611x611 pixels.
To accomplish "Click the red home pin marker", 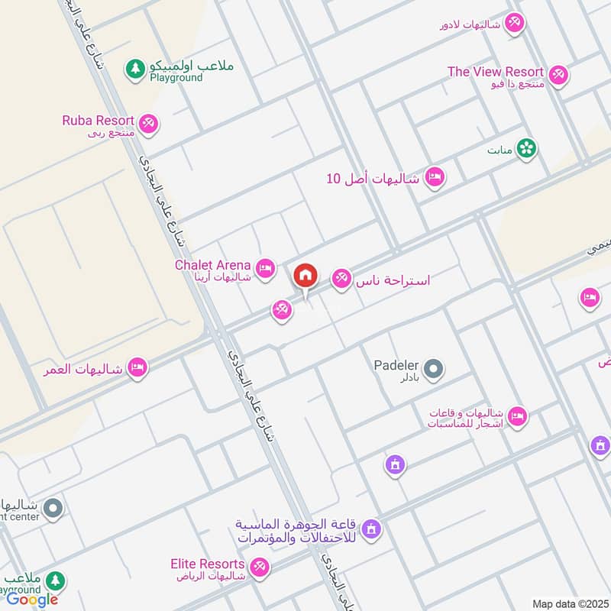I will point(305,276).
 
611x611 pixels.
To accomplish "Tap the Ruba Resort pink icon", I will point(148,122).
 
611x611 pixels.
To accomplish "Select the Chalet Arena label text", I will point(213,265).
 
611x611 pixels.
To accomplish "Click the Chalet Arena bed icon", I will point(265,268).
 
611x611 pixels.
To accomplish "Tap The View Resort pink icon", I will point(558,74).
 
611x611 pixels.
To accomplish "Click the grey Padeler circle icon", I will point(433,370).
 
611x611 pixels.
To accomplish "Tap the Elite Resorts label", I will point(208,564).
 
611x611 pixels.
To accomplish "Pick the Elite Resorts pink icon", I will point(259,567).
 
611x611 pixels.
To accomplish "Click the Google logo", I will point(32,600).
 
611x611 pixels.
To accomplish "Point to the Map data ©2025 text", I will point(568,603).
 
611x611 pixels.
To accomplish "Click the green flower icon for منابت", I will point(525,148).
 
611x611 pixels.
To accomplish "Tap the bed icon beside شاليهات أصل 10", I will point(435,177).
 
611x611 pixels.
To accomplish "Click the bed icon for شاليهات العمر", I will point(137,367).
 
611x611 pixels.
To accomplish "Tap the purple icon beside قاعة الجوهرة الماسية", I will point(371,528).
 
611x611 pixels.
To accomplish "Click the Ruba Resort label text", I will point(99,120).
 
